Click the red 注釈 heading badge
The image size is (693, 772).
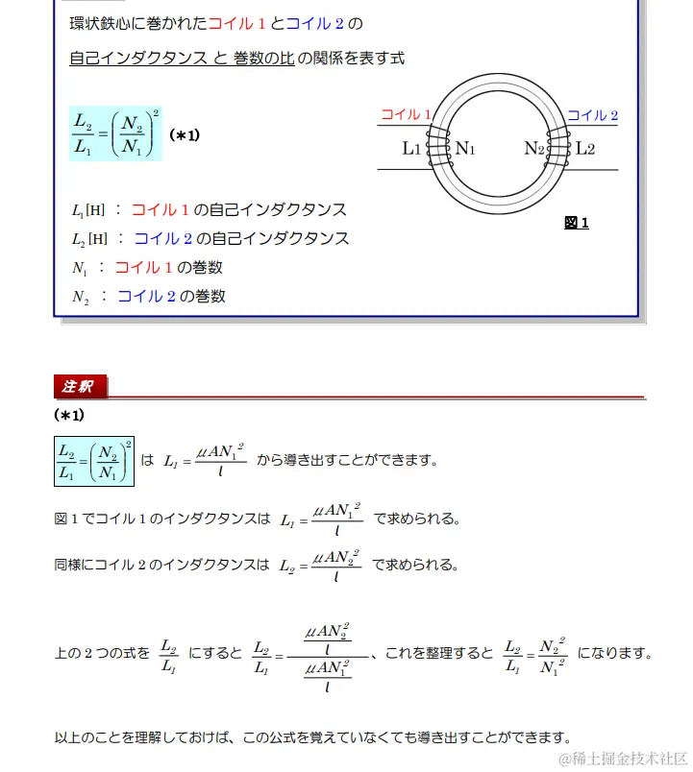click(x=80, y=387)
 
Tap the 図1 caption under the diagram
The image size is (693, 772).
click(x=576, y=223)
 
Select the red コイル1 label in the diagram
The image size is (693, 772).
click(x=406, y=114)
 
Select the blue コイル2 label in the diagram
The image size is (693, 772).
click(x=592, y=115)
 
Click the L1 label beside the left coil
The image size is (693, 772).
click(x=410, y=149)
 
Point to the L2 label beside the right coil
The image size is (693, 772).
click(x=585, y=149)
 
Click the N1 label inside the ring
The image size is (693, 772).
click(x=465, y=149)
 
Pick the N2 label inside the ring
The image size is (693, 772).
click(x=534, y=149)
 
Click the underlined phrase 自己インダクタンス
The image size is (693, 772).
click(x=138, y=59)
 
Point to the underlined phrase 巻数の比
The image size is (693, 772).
click(x=263, y=59)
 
